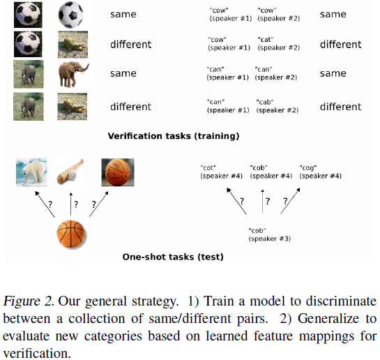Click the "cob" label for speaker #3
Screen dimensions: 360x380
(x=263, y=234)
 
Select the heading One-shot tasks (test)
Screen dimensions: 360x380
(x=173, y=257)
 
